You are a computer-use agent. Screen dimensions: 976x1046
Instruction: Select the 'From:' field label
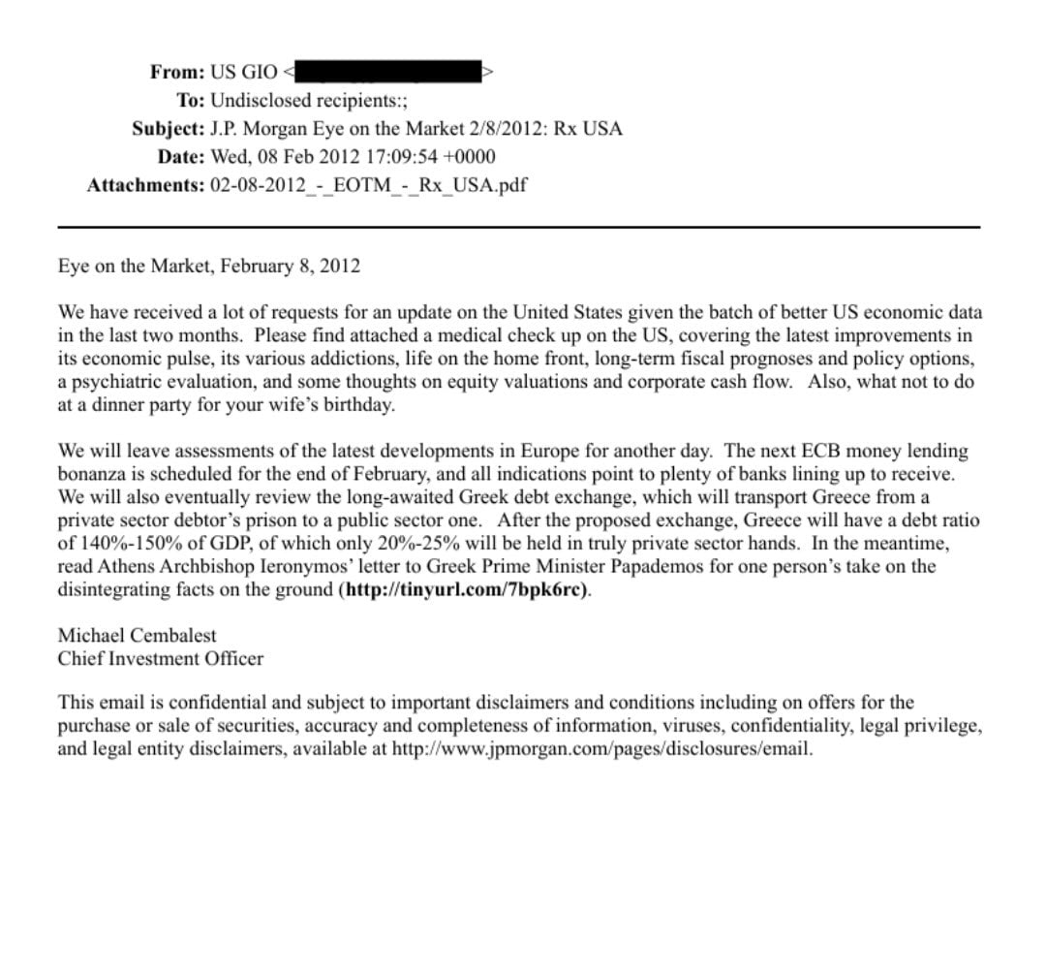point(177,72)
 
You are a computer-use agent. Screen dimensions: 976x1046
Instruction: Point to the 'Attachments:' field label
point(145,185)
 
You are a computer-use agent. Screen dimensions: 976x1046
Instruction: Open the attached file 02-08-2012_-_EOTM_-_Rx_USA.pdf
point(368,185)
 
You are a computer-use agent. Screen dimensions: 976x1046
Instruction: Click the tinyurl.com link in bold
point(464,589)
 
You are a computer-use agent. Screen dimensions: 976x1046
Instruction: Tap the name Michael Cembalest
point(138,636)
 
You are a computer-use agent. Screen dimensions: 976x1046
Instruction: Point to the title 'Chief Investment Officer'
point(161,659)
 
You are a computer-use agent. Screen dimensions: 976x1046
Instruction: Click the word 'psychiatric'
point(119,382)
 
